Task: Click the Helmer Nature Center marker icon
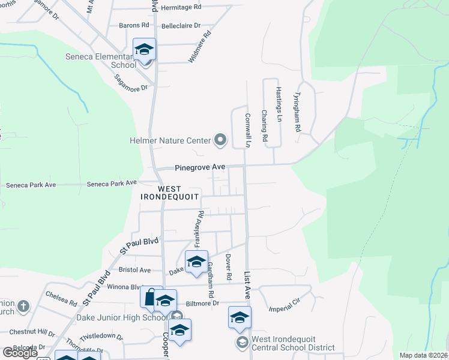click(220, 140)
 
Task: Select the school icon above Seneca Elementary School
click(145, 49)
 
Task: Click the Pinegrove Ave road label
click(200, 167)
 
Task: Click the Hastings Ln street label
click(279, 104)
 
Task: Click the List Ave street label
click(247, 286)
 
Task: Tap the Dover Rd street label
click(229, 268)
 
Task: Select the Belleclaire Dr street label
click(181, 26)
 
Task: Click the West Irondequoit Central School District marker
click(242, 342)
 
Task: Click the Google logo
click(20, 353)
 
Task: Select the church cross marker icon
click(23, 307)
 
